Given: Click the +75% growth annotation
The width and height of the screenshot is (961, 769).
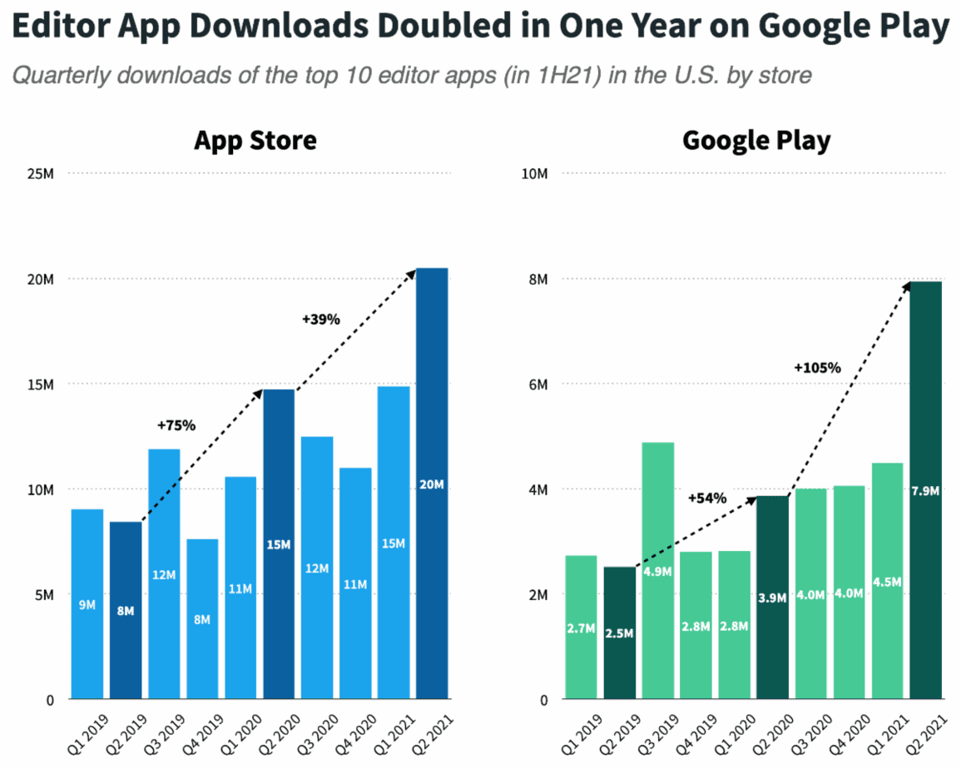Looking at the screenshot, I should (x=176, y=425).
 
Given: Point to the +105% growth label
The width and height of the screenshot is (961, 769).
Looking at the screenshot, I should (x=818, y=367).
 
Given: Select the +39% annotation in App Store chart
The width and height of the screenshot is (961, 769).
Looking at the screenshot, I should (x=320, y=319).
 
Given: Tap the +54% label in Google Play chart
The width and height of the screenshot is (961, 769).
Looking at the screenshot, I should (x=706, y=498).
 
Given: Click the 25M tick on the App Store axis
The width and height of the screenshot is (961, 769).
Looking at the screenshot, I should (x=39, y=174).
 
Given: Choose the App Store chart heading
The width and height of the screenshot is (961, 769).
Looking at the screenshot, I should (x=255, y=140).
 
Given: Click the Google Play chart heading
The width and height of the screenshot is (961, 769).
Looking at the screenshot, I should (x=756, y=140).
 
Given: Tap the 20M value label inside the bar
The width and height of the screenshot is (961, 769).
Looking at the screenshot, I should (x=432, y=484).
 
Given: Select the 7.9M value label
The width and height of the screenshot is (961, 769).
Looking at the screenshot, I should (x=925, y=490).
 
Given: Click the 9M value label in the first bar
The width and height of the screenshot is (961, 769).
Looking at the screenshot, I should (x=87, y=605).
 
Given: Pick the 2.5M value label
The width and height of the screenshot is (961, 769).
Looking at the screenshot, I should (x=620, y=634).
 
